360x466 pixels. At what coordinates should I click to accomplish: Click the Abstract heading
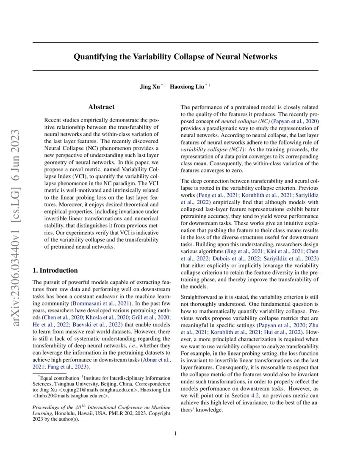click(101, 108)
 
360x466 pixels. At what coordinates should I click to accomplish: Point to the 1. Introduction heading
click(55, 270)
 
